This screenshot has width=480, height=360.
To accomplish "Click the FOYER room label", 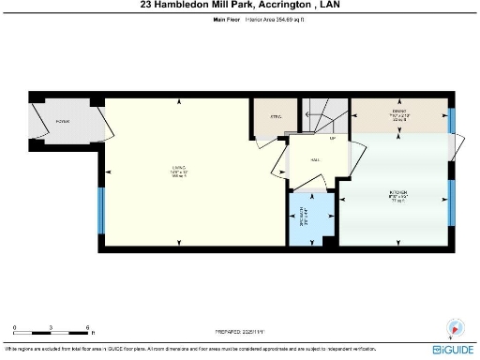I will (x=64, y=122).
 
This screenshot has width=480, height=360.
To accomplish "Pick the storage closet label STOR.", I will (x=275, y=117).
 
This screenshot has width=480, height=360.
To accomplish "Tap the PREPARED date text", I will (x=240, y=331).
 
